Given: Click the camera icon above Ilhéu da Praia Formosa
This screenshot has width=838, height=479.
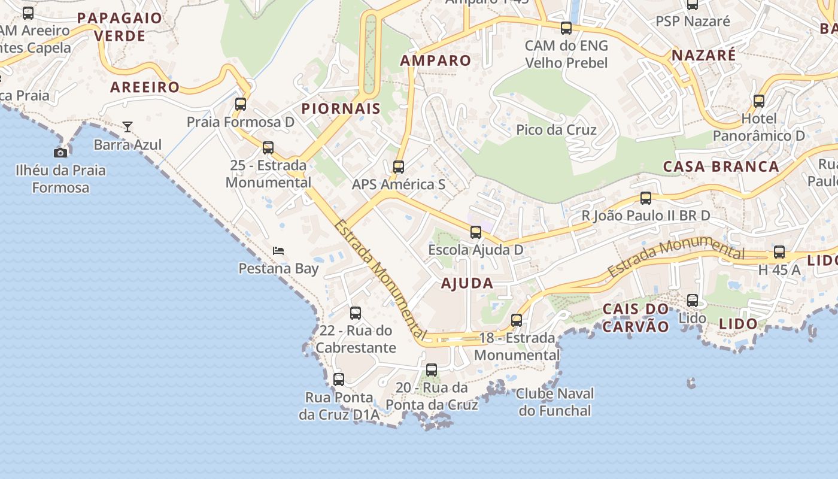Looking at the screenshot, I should point(60,153).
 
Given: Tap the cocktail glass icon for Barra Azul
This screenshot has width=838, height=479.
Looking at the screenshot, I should point(127,127).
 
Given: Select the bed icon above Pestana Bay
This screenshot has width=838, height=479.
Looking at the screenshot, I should point(278,250).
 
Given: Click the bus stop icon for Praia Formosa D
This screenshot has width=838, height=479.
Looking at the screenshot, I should point(241,104).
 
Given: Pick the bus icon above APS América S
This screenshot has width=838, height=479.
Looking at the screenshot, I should point(399,167).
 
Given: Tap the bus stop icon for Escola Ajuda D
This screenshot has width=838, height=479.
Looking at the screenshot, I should point(476,232).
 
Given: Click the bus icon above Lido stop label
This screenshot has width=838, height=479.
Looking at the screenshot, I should point(693,301).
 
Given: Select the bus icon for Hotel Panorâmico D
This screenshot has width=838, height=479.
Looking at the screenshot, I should point(759,101).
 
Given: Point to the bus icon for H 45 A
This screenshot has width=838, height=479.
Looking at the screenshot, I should point(779,252).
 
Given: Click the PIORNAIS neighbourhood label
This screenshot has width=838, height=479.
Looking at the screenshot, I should point(341,108).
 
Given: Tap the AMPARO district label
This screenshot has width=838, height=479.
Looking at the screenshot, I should point(436,60).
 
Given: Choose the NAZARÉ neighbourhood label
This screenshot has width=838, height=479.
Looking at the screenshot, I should point(704,55).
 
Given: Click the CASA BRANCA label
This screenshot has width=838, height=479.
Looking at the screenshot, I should point(721,166).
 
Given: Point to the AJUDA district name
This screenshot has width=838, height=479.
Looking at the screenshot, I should point(467,283).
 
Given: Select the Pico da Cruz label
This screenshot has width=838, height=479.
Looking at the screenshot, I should point(557,130).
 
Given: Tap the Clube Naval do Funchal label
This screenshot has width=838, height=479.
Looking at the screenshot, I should point(555,402).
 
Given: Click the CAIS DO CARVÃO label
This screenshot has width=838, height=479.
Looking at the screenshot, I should point(636,318).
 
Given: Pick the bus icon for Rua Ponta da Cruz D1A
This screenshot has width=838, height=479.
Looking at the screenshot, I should point(339,380).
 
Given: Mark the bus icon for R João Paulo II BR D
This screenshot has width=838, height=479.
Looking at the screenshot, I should point(646,198).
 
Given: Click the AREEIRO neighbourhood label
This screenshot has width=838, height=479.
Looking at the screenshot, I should point(145,87).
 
